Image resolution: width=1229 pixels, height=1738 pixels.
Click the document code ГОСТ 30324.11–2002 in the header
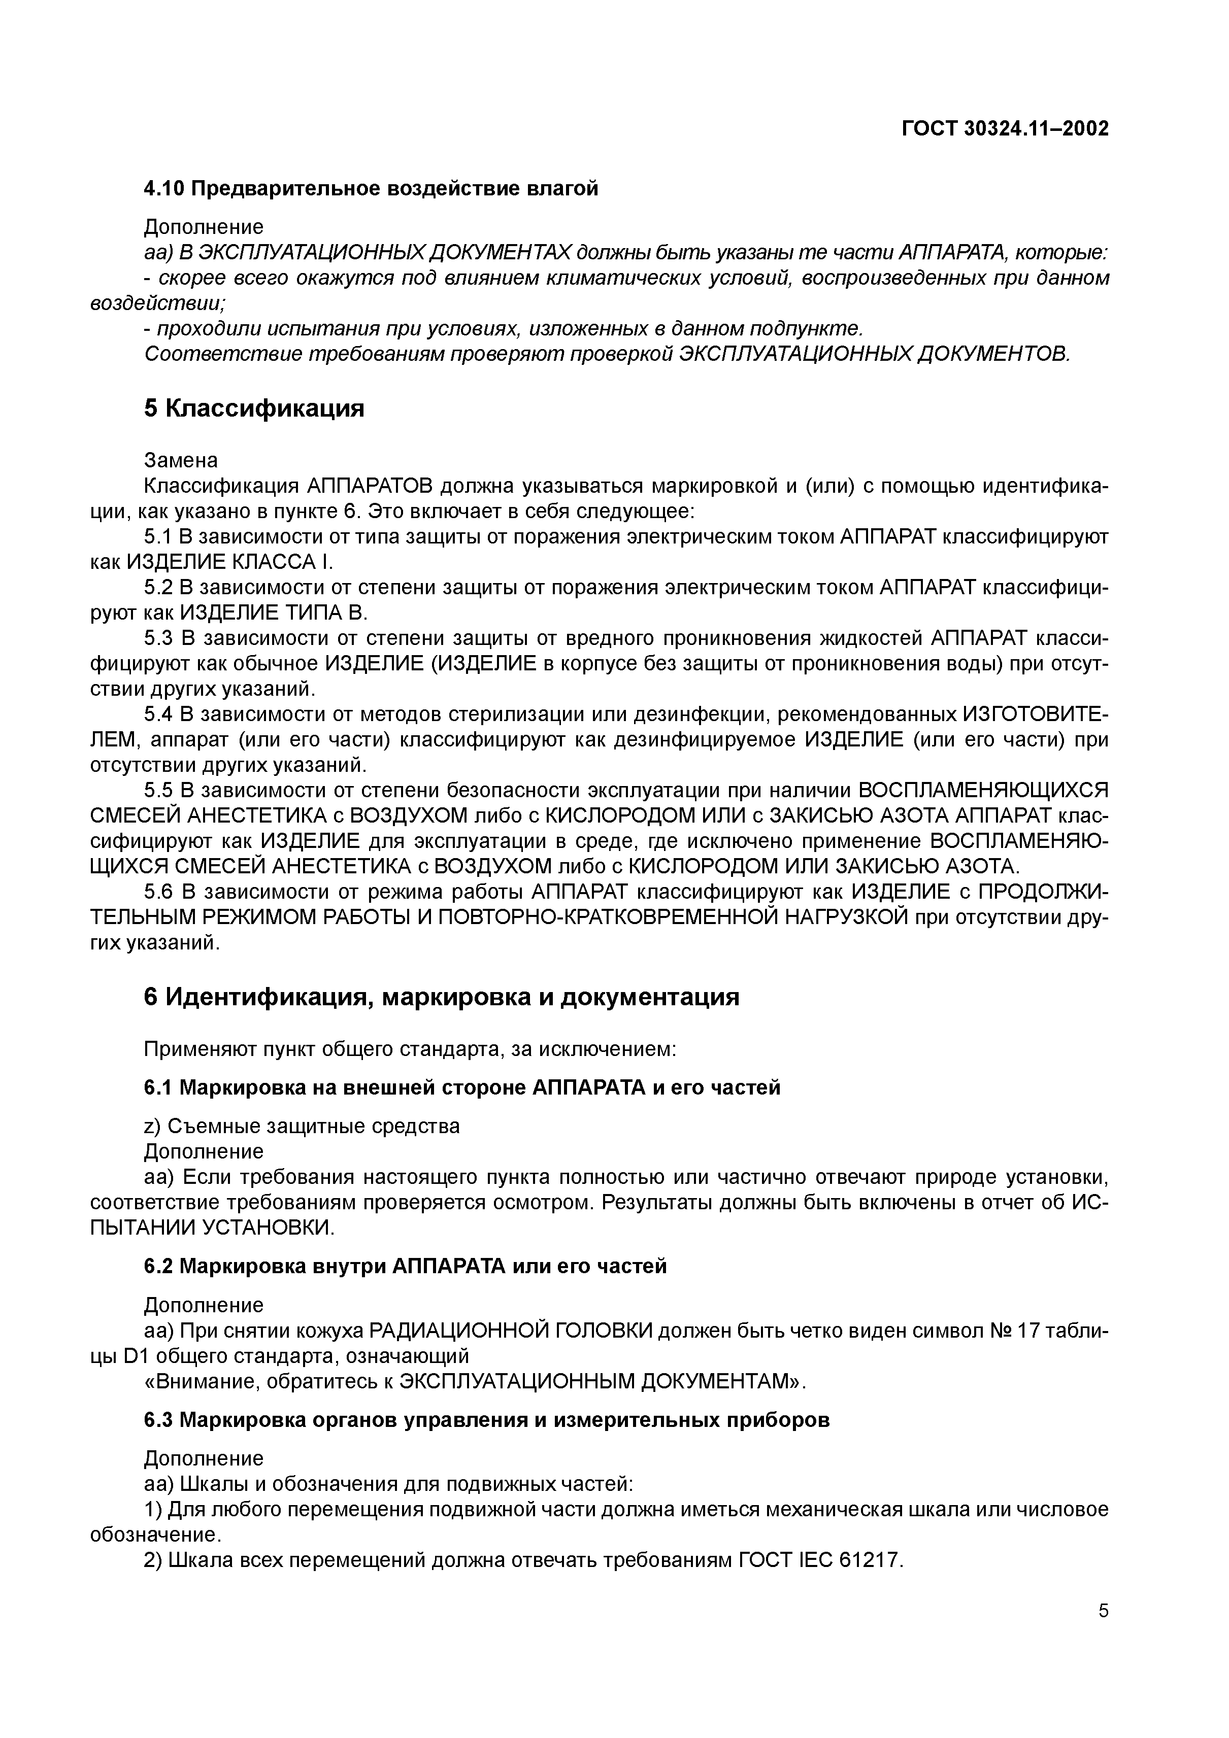pyautogui.click(x=1005, y=129)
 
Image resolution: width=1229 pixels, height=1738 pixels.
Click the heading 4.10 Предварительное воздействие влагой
pyautogui.click(x=371, y=188)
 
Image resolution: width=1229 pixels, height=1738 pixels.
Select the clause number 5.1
pyautogui.click(x=158, y=537)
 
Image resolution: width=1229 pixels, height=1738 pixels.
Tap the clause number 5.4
pyautogui.click(x=158, y=714)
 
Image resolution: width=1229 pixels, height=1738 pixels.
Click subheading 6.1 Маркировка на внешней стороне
pyautogui.click(x=462, y=1088)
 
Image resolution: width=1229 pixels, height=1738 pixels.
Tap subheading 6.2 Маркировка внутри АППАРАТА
pyautogui.click(x=405, y=1267)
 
